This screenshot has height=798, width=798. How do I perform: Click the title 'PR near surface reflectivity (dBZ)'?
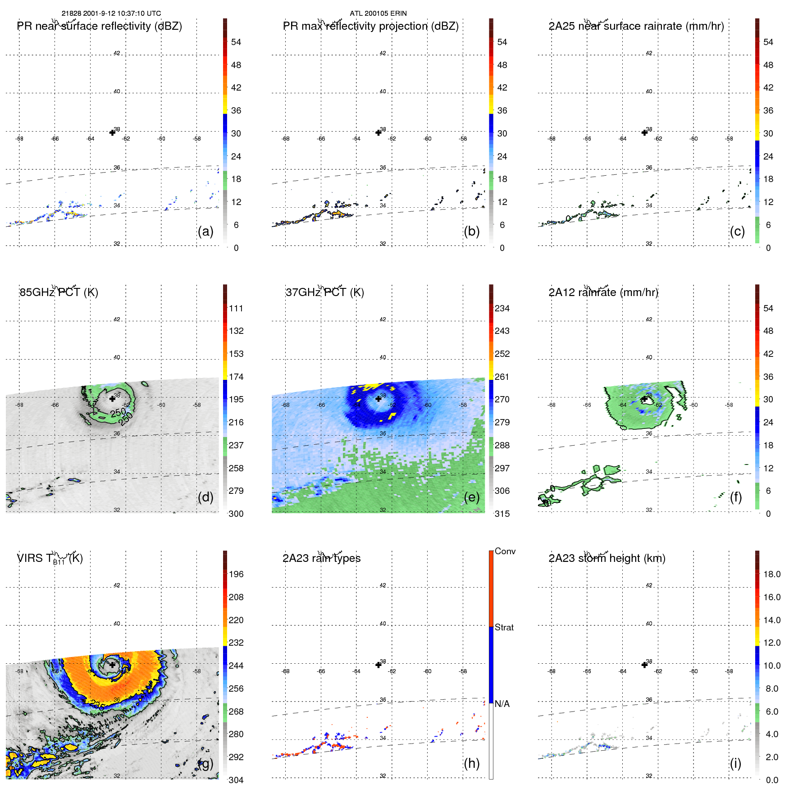click(x=99, y=26)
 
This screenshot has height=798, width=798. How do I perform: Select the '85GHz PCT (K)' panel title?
click(x=59, y=292)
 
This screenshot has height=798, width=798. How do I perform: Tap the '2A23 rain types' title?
click(x=321, y=558)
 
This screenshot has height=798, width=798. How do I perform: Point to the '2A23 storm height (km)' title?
click(x=606, y=558)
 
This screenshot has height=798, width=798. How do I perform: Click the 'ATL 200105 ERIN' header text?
click(x=378, y=14)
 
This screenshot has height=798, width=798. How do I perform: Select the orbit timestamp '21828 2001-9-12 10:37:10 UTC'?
click(x=111, y=14)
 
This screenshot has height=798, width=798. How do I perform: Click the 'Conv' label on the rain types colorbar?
click(x=505, y=551)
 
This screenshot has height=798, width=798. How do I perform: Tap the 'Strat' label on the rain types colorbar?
click(x=504, y=627)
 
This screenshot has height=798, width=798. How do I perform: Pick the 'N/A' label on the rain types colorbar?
click(x=502, y=704)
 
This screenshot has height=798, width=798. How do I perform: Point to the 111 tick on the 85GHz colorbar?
click(x=236, y=308)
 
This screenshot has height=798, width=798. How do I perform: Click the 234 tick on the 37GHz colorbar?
click(x=502, y=308)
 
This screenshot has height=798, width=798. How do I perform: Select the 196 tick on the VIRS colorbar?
click(x=236, y=574)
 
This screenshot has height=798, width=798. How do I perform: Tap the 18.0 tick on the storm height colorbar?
click(x=771, y=574)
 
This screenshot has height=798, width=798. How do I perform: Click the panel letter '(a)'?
click(x=205, y=231)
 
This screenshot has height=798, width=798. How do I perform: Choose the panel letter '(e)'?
click(x=471, y=497)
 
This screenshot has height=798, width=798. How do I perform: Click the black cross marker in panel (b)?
click(x=378, y=132)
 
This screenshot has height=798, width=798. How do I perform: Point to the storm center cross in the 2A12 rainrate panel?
click(x=644, y=399)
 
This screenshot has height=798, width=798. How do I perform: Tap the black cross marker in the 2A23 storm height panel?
click(x=644, y=665)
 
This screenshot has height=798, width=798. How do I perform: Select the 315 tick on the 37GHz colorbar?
click(x=502, y=514)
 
